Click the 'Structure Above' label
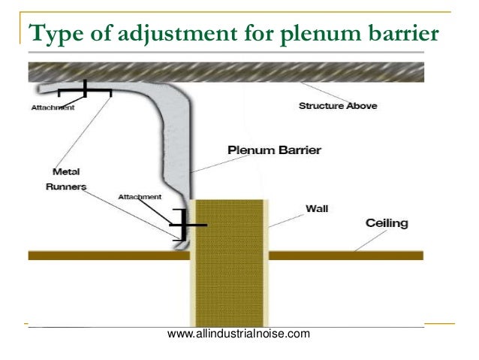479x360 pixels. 338,106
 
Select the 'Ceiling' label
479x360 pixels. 387,223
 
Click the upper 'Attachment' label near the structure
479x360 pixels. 53,107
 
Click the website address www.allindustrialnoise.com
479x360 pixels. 238,333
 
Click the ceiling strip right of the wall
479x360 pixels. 345,256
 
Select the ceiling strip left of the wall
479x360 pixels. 105,256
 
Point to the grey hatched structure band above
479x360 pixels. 225,72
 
